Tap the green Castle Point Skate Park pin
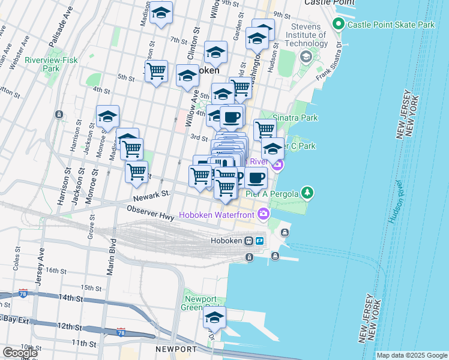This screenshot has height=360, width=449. coord(338,25)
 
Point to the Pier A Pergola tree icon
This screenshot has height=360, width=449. coord(307,192)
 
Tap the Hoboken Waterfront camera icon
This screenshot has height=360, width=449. coord(263,214)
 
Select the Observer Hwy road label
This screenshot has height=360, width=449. coord(149,212)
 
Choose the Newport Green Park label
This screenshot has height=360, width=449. coord(200,304)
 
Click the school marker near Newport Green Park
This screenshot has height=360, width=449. coord(214,319)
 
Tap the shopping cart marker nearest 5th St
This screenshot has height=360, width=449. coord(156,71)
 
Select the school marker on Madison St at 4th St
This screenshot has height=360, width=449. coord(107,117)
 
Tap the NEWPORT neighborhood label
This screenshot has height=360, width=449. coord(175,349)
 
